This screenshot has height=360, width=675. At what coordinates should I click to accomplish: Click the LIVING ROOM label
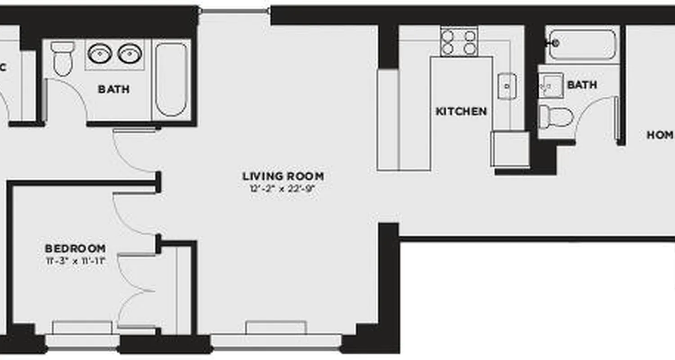tap(283, 176)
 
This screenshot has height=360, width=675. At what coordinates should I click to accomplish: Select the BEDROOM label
tap(75, 248)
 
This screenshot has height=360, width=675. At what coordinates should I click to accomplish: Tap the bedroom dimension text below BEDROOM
tap(75, 260)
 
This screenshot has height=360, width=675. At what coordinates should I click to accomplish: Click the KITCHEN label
tap(461, 111)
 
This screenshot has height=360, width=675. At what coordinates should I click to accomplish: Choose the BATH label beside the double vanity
tap(114, 89)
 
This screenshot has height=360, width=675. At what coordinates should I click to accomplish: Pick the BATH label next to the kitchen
tap(582, 85)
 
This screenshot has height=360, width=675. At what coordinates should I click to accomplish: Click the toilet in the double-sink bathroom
tap(63, 58)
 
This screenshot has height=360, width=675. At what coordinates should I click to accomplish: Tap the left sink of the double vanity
tap(99, 53)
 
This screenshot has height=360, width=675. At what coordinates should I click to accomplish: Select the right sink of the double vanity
tap(130, 53)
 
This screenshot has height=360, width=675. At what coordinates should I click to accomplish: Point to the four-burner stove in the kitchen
tap(459, 42)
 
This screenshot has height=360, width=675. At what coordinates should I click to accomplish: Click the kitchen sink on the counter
tap(507, 85)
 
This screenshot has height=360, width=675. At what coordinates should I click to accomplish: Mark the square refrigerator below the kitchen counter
tap(510, 149)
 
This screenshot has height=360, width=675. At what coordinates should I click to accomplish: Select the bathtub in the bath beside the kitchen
tap(582, 45)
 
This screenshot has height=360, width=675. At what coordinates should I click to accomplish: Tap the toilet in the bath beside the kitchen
tap(555, 117)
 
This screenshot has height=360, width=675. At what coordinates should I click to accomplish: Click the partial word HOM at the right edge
tap(660, 135)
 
